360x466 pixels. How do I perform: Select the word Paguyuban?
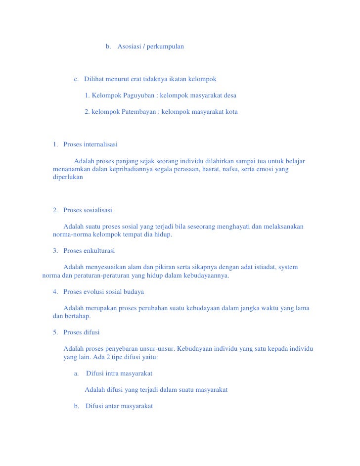[x=136, y=95]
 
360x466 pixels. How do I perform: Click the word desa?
[x=229, y=95]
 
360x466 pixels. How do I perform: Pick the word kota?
[x=231, y=112]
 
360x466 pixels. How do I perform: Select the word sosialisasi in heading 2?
[x=98, y=210]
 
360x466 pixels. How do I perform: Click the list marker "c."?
[x=77, y=79]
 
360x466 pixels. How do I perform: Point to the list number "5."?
[x=55, y=332]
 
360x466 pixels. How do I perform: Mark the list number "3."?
[x=55, y=251]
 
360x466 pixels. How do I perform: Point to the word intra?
[x=114, y=373]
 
